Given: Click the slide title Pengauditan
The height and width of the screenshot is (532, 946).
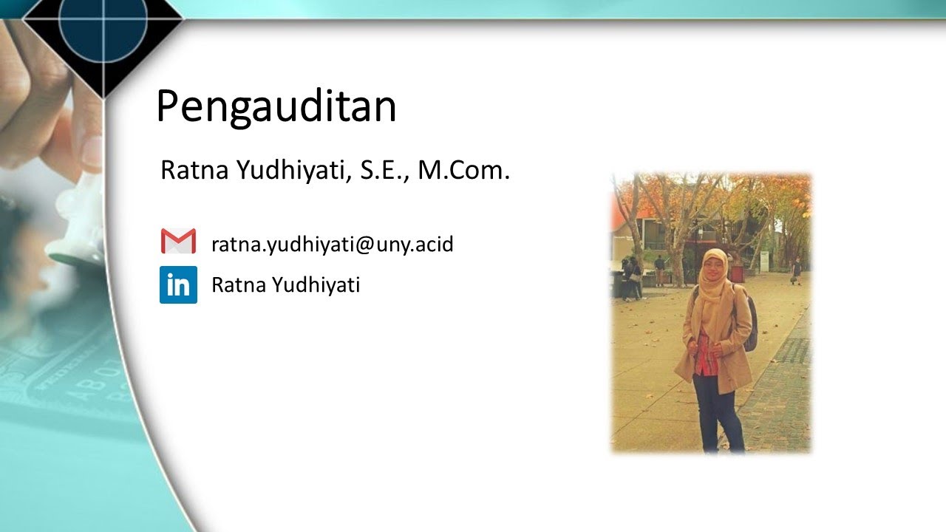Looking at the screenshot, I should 276,107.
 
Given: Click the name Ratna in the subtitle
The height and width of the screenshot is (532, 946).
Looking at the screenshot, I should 194,171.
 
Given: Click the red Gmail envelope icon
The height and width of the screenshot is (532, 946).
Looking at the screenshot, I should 178,242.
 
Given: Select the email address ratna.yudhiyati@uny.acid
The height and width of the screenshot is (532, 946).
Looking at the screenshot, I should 332,244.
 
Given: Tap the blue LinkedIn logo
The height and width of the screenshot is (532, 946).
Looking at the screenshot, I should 178,284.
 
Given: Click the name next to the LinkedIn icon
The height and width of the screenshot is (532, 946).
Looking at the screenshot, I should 285,284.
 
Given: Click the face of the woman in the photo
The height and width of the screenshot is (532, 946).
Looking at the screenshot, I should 714,266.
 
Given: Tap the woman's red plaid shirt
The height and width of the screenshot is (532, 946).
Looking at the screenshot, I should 706,355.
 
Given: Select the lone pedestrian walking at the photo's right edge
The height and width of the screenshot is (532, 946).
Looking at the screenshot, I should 796,270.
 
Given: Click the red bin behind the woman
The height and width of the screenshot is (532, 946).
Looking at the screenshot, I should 737,273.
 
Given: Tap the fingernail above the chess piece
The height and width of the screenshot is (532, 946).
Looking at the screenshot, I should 92,151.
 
